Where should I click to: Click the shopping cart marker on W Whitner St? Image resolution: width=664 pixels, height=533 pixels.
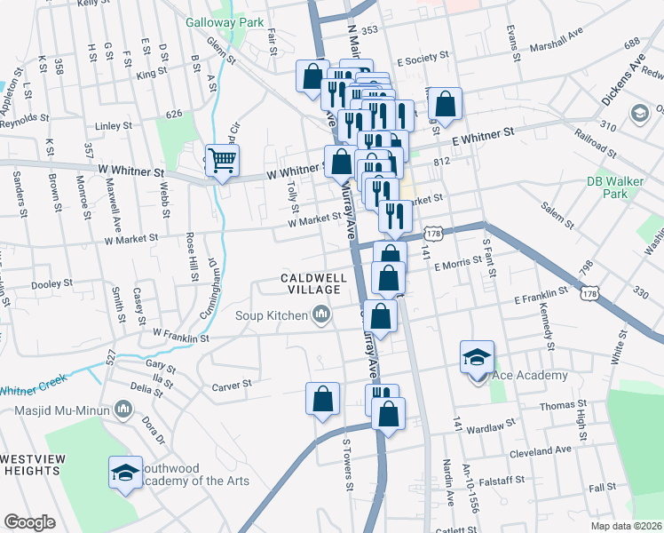pos(222,161)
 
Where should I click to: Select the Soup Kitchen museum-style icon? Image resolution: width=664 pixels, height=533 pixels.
pos(320,314)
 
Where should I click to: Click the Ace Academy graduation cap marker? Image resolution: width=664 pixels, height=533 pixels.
pos(477,357)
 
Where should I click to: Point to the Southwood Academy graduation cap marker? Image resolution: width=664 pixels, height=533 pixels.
pos(125,472)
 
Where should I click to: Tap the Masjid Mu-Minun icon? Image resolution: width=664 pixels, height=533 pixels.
pos(123,410)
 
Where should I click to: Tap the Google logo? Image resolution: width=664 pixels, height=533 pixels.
pos(29,522)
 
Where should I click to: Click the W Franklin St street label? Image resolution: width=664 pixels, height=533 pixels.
pos(180,336)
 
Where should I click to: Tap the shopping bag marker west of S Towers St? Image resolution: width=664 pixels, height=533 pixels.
pos(323,399)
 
